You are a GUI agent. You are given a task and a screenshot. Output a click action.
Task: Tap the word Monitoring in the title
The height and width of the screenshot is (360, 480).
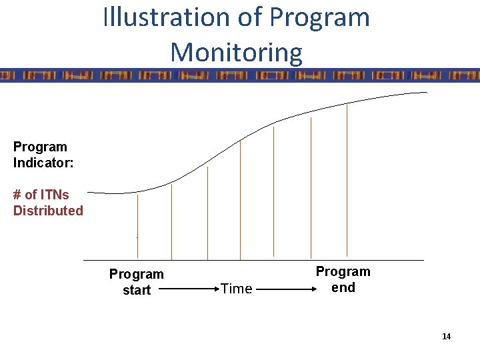[x=236, y=52]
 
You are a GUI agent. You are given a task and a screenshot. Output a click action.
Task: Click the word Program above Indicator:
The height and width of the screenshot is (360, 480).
[x=40, y=147]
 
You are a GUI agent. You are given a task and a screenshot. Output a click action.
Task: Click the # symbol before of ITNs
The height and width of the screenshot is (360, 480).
[x=17, y=195]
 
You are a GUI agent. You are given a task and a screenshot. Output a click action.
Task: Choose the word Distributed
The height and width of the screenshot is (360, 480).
[x=48, y=211]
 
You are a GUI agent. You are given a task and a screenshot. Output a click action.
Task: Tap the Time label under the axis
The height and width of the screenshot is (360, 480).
[x=236, y=289]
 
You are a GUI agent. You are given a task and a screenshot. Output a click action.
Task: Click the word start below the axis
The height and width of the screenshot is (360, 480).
[x=137, y=290]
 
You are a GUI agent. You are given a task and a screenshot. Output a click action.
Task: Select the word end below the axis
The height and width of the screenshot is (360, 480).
[x=343, y=287]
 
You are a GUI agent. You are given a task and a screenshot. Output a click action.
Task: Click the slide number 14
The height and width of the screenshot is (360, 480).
[x=446, y=337]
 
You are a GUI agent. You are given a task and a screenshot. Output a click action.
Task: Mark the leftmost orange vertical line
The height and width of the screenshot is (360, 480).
[x=137, y=227]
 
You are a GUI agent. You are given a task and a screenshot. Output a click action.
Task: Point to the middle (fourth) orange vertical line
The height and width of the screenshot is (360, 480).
[x=241, y=200]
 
